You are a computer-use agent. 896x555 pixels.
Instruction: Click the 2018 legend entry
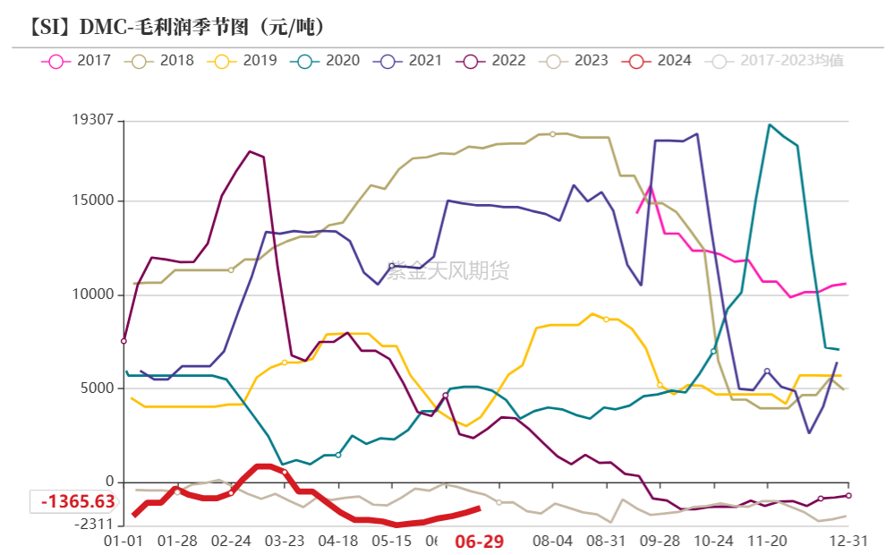pos(163,61)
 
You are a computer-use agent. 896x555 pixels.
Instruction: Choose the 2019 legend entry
pos(245,61)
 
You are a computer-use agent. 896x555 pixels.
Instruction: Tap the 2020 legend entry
pos(329,61)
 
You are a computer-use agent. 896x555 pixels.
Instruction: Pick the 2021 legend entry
pos(411,61)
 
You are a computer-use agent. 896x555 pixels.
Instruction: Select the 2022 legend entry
pos(494,61)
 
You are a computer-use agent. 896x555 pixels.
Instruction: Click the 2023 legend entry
pos(577,61)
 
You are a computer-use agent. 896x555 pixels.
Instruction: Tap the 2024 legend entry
pos(660,61)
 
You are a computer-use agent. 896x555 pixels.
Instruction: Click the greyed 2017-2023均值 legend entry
pos(776,61)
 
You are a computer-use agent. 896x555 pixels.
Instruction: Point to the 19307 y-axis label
pos(92,119)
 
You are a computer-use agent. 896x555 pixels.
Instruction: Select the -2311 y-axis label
pos(94,524)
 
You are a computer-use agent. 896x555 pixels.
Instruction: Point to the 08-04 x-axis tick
pos(552,542)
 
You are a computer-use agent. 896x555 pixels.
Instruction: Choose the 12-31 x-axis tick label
pos(848,542)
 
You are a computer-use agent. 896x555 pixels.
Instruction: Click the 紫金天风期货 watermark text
pos(448,270)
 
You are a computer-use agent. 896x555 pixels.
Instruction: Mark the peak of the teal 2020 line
pos(769,124)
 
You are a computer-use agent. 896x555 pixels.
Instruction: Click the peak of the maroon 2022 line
pos(250,151)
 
